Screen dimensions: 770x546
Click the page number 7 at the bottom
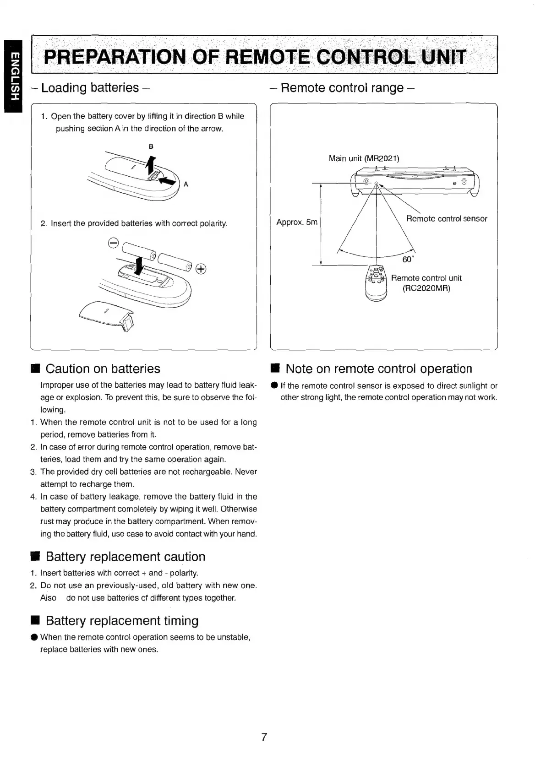pyautogui.click(x=264, y=737)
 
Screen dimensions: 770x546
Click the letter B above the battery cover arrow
pyautogui.click(x=151, y=146)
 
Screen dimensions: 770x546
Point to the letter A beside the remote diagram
pyautogui.click(x=186, y=184)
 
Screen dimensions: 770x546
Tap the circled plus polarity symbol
pyautogui.click(x=201, y=269)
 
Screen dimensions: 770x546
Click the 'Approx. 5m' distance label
pyautogui.click(x=297, y=222)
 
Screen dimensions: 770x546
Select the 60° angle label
pyautogui.click(x=408, y=260)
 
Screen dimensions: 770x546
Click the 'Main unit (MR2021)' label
pyautogui.click(x=364, y=158)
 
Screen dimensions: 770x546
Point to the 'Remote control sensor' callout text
pyautogui.click(x=447, y=219)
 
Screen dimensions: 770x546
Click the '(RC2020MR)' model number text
pyautogui.click(x=426, y=288)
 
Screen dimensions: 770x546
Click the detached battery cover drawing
pyautogui.click(x=106, y=317)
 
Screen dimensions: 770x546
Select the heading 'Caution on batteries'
pyautogui.click(x=103, y=369)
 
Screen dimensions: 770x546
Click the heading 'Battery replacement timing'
pyautogui.click(x=122, y=621)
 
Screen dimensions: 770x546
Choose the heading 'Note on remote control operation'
pyautogui.click(x=378, y=369)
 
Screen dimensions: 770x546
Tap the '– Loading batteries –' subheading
pyautogui.click(x=89, y=87)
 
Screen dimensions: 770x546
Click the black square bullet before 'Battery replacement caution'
pyautogui.click(x=35, y=557)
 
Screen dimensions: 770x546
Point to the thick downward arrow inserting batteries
pyautogui.click(x=140, y=266)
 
